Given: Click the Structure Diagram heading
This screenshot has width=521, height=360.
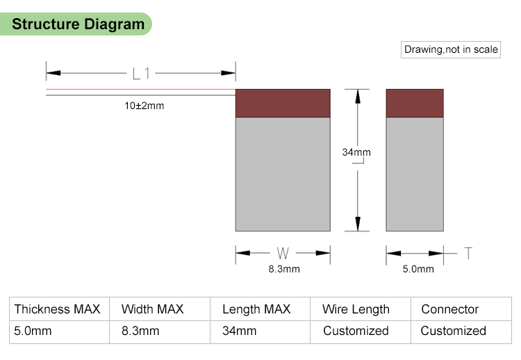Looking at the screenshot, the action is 78,24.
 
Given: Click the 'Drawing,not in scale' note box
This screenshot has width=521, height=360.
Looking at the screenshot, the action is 451,49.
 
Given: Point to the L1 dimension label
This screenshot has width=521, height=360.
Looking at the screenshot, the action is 141,74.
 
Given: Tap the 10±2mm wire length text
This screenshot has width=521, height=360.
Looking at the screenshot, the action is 144,106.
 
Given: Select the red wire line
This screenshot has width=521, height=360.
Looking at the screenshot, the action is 141,89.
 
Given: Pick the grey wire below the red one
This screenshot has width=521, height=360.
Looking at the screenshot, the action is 141,95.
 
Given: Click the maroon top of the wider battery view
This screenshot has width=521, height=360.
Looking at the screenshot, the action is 283,103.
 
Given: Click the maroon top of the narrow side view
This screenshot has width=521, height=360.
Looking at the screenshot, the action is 415,103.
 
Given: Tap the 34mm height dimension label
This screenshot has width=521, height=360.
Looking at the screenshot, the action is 356,152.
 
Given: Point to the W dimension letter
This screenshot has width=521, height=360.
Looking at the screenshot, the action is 283,253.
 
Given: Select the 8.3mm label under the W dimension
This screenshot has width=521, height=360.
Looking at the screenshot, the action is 284,269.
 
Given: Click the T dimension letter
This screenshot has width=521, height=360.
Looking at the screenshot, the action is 468,253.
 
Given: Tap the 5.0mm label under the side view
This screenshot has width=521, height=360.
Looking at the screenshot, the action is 418,269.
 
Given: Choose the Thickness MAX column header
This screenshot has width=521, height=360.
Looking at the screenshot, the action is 57,309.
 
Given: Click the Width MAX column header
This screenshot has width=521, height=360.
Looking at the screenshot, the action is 153,309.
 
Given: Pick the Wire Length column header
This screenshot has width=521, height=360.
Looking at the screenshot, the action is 356,309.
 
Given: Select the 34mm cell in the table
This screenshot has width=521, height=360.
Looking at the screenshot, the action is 239,331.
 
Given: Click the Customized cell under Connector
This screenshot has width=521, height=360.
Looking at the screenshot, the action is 453,331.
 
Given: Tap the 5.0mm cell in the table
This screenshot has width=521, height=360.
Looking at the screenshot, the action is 33,331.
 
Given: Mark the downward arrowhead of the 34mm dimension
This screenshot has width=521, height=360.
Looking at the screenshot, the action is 358,224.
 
